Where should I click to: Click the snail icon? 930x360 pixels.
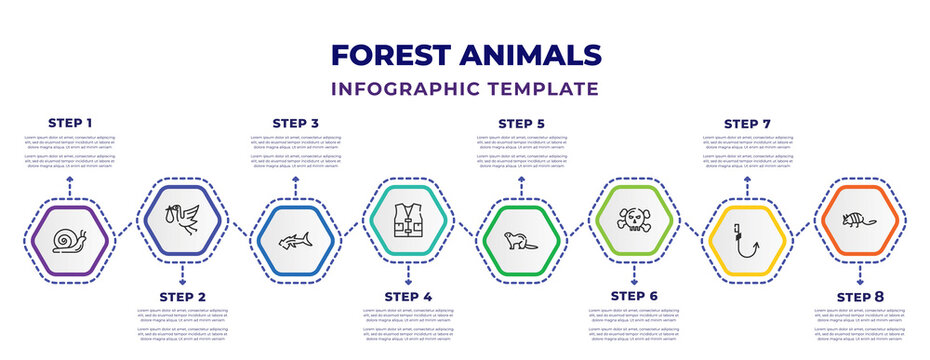click(x=70, y=240)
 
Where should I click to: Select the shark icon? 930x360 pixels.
click(x=295, y=241)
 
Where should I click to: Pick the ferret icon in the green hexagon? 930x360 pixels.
click(x=521, y=241)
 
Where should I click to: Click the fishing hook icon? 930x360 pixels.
click(x=746, y=241)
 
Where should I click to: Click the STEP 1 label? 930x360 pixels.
click(x=70, y=123)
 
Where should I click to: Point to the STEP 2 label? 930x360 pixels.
click(x=183, y=297)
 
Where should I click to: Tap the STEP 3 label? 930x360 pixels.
click(x=296, y=123)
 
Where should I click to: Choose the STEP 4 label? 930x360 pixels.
click(x=409, y=297)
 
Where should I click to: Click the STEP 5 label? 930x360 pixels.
click(x=522, y=123)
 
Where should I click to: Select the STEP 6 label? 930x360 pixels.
click(x=634, y=297)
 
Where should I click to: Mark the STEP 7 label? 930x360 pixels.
click(x=747, y=123)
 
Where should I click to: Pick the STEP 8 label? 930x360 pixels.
click(x=860, y=297)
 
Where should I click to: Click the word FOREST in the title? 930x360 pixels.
click(x=394, y=55)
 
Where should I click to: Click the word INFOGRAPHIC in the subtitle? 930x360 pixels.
click(x=421, y=89)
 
